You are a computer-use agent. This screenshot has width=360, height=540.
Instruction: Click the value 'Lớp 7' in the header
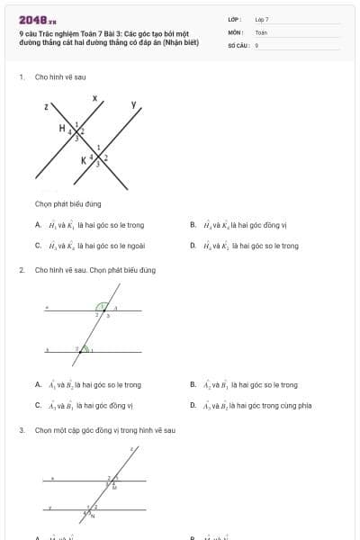(262, 19)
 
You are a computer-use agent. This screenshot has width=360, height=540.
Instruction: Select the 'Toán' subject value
(261, 31)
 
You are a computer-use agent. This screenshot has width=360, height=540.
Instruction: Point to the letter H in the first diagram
(62, 129)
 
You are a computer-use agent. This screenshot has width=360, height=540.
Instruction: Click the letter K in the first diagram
(85, 160)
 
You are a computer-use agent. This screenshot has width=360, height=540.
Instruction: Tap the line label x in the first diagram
(94, 95)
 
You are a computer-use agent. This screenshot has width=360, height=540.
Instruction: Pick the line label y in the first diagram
(134, 104)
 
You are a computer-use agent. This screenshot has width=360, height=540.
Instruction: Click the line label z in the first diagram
(46, 106)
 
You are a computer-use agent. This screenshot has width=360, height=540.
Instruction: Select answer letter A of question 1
(38, 225)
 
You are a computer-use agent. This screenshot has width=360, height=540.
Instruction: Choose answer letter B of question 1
(193, 225)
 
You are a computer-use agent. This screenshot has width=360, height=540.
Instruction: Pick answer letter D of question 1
(193, 245)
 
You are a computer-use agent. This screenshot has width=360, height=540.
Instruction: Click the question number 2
(21, 270)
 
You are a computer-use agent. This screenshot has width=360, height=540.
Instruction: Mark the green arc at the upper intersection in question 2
(103, 307)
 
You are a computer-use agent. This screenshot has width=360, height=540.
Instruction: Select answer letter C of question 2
(38, 405)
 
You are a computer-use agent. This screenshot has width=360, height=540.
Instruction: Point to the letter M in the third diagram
(113, 487)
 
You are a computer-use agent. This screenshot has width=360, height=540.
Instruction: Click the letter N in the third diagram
(92, 516)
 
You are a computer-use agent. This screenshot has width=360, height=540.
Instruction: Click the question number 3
(21, 430)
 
